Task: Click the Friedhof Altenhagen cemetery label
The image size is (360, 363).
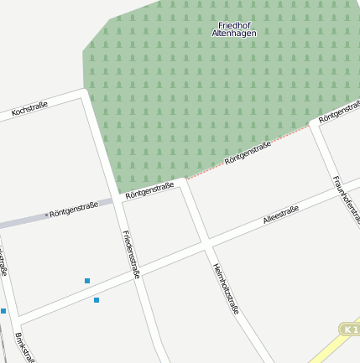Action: coord(235,29)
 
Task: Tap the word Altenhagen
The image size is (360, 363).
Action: coord(235,33)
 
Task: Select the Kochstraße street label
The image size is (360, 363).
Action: coord(29,109)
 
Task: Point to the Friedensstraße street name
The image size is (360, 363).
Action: coord(131,254)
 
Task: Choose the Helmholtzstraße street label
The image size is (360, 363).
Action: coord(227,288)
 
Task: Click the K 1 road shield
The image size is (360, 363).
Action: coord(350,329)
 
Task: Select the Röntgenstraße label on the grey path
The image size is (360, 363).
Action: coord(73,209)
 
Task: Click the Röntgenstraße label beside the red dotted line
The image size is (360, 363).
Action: coord(248,153)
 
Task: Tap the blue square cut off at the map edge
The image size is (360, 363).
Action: coord(3,311)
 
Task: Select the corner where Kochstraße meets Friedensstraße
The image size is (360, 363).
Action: coord(86,96)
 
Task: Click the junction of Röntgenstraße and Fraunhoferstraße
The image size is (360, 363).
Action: coord(316,124)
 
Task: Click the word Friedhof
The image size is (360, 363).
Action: coord(234,24)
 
